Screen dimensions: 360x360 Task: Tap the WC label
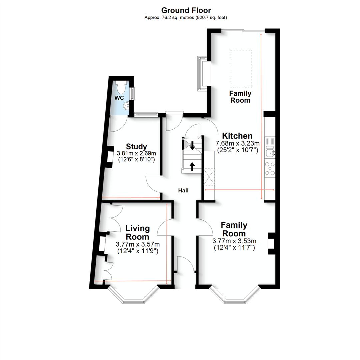point(120,98)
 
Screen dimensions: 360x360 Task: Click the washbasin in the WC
point(127,106)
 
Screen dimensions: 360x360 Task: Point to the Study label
point(137,147)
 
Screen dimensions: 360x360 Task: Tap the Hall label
point(183,191)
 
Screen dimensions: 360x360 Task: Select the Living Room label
point(137,233)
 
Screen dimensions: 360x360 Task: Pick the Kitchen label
point(237,136)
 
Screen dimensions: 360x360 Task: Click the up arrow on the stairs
point(192,166)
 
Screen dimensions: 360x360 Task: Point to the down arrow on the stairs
point(192,145)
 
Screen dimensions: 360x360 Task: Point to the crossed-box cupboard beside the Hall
point(209,177)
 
